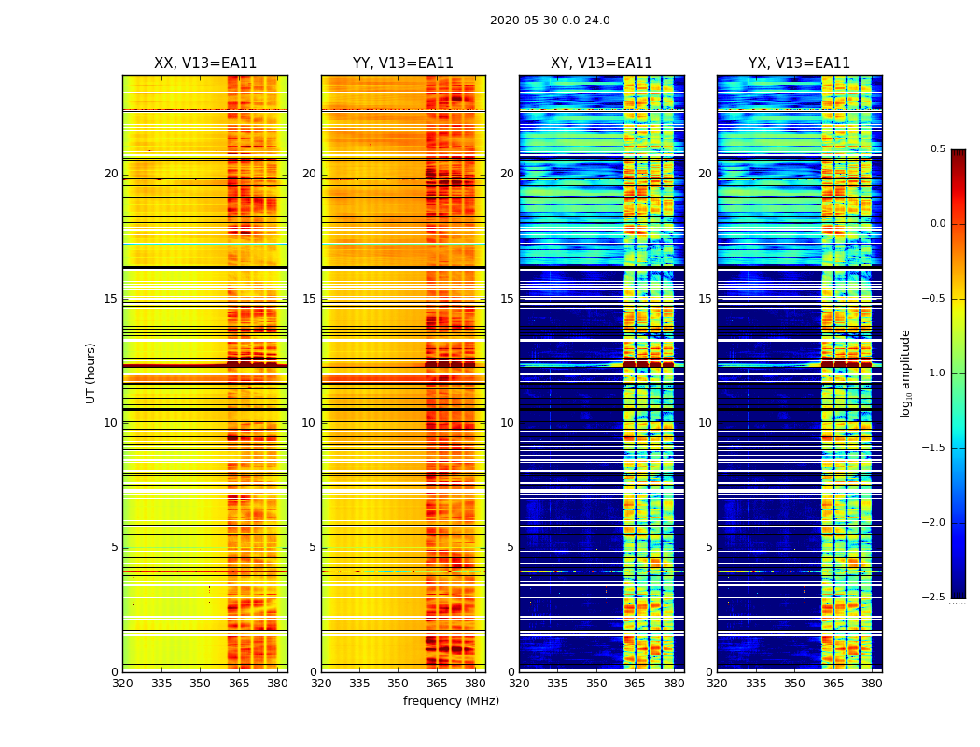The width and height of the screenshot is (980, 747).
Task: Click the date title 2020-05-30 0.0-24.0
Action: tap(550, 21)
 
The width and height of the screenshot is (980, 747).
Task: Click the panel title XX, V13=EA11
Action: tap(205, 63)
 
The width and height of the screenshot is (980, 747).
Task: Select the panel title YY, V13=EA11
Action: tap(403, 63)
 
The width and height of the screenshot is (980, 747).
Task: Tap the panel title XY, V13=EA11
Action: tap(601, 63)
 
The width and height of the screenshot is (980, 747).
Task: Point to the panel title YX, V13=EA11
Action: tap(799, 63)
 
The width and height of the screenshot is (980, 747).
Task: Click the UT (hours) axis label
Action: tap(91, 373)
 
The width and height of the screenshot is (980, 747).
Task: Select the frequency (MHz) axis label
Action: tap(451, 701)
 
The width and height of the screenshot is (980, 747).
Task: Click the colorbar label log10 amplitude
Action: tap(905, 373)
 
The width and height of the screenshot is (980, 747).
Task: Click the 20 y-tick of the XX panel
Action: tap(111, 174)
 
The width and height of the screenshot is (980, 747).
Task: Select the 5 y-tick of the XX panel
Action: tap(115, 547)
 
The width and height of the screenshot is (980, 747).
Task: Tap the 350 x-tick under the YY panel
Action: tap(399, 683)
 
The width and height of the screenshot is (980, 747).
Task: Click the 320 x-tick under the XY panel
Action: tap(520, 683)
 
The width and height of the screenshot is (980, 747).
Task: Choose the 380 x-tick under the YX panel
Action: tap(872, 683)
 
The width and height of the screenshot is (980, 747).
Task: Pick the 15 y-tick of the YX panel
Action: tap(706, 299)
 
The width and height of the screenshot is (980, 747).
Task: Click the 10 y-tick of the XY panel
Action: tap(507, 423)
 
